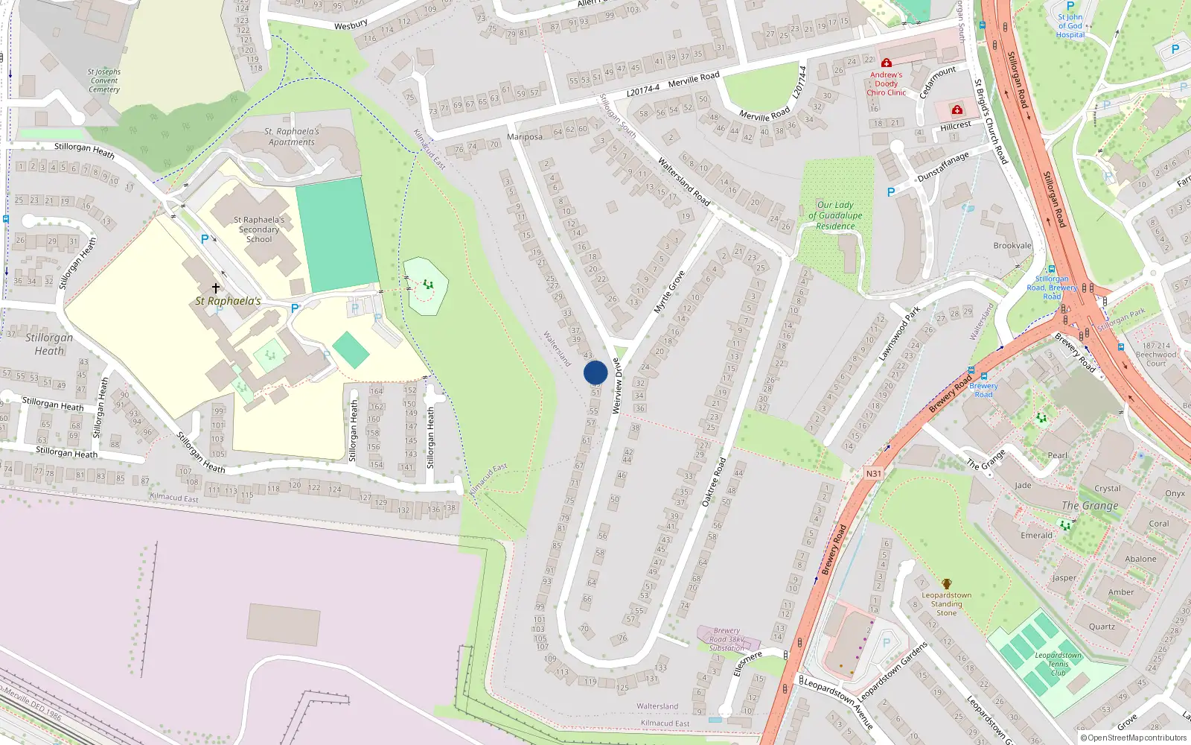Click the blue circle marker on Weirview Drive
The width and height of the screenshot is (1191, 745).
click(595, 372)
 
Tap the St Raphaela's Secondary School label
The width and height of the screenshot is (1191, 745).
click(259, 229)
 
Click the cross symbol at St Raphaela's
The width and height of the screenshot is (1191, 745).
click(216, 288)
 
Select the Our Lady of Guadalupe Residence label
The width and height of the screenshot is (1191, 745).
click(835, 215)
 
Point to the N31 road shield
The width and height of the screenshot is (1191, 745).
click(873, 474)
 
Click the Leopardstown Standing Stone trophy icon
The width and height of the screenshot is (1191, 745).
click(946, 584)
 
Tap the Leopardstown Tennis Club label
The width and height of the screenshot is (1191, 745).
click(1058, 664)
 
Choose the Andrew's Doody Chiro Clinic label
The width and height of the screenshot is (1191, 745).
click(886, 83)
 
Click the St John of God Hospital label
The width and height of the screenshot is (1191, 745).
click(1070, 26)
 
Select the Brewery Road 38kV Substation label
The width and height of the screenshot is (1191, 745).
click(727, 639)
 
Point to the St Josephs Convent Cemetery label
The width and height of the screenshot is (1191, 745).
click(104, 80)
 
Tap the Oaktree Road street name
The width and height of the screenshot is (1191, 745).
click(714, 483)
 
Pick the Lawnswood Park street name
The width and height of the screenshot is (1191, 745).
click(899, 333)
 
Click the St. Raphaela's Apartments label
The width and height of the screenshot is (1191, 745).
click(292, 136)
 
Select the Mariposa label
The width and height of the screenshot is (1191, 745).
click(524, 137)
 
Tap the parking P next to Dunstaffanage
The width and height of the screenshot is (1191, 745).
click(891, 192)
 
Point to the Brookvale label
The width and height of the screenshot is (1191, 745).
click(1012, 246)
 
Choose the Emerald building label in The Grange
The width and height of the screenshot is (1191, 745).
click(1036, 535)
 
